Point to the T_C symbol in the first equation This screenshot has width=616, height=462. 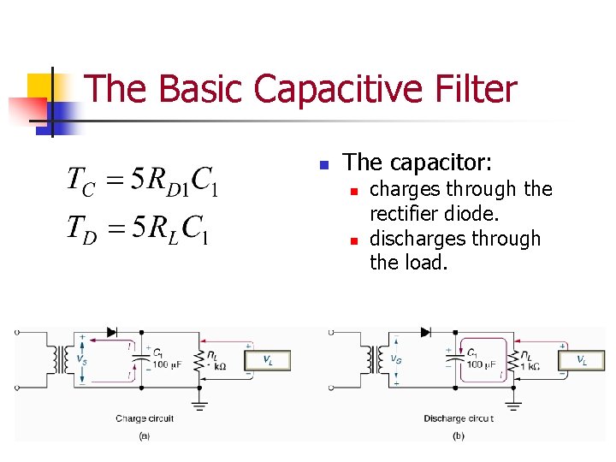pyautogui.click(x=82, y=181)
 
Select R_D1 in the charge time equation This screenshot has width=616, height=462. pyautogui.click(x=166, y=181)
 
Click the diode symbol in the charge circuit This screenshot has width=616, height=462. pyautogui.click(x=110, y=332)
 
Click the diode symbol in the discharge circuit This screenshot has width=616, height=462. pyautogui.click(x=425, y=332)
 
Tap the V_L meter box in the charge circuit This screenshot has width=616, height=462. pyautogui.click(x=269, y=360)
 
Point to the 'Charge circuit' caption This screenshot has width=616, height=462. pyautogui.click(x=145, y=418)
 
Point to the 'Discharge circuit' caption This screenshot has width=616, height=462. pyautogui.click(x=459, y=418)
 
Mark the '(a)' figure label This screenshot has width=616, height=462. pyautogui.click(x=145, y=435)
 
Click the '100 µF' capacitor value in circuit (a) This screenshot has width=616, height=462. pyautogui.click(x=167, y=365)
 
